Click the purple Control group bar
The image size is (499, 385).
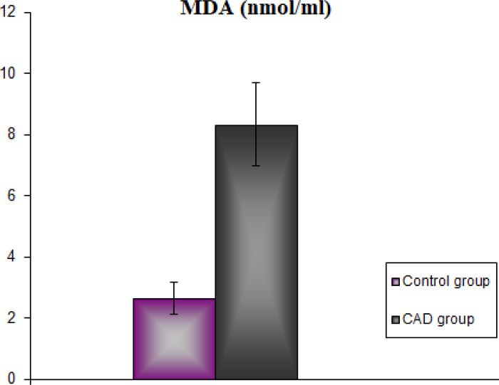coord(174,339)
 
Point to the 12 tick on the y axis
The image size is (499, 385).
coord(9,12)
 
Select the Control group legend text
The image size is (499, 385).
coord(446,281)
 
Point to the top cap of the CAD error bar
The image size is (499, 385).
coord(256,83)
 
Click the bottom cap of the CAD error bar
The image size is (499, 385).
coord(256,166)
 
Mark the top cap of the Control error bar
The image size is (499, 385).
coord(174,283)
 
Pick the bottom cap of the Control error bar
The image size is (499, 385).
coord(174,314)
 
